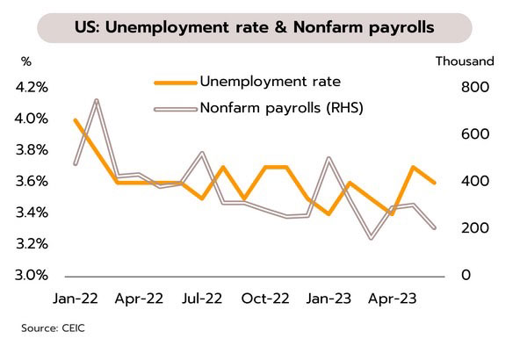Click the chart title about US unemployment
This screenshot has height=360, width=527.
point(263,25)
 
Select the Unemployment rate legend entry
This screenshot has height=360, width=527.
point(270,83)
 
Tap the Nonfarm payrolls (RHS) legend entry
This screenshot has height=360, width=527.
point(281,109)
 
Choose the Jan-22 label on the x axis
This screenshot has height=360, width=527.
point(75,299)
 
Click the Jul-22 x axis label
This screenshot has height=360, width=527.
point(202,299)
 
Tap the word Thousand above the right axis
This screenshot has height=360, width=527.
point(465,61)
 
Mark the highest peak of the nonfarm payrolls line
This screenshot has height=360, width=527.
point(96,101)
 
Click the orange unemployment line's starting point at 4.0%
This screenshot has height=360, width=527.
point(75,119)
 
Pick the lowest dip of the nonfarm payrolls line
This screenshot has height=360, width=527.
point(371,238)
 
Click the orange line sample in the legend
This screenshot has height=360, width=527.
point(174,83)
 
